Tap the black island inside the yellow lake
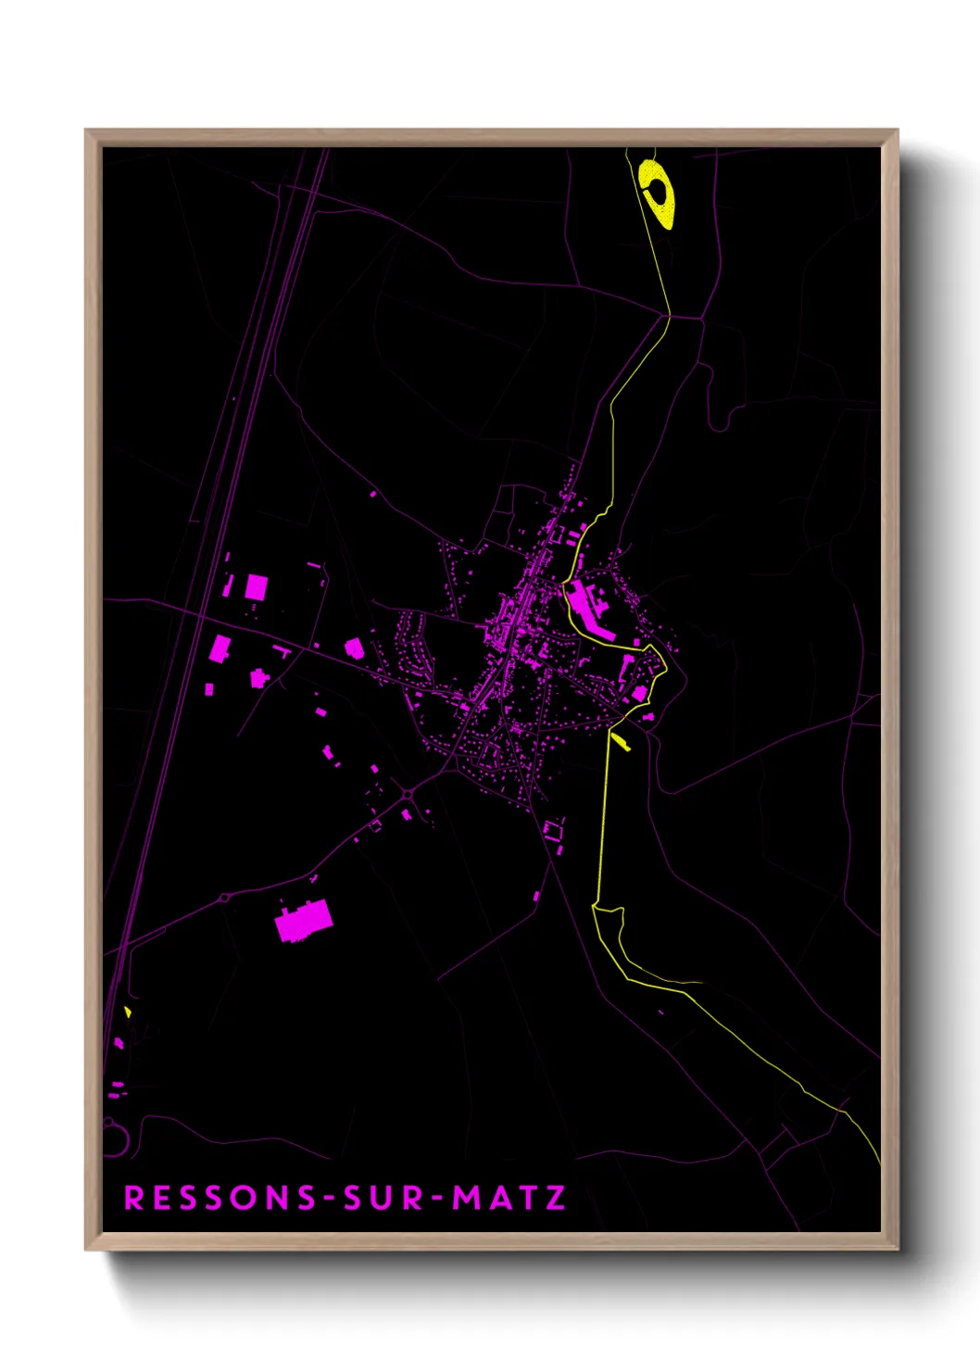[659, 193]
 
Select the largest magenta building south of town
[303, 921]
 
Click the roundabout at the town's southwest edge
[408, 794]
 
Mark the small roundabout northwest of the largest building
[225, 898]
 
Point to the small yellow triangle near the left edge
[128, 1012]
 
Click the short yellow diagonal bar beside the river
[620, 741]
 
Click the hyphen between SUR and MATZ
[436, 1198]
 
